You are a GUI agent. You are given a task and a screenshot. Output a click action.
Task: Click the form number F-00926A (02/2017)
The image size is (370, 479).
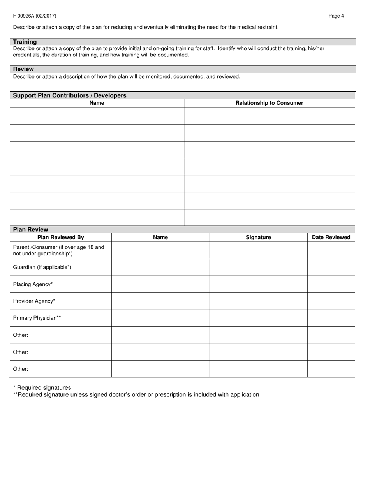point(35,16)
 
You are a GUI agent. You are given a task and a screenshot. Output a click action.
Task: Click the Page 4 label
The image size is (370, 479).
point(336,16)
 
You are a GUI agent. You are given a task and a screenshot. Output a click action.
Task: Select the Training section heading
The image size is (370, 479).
point(25,42)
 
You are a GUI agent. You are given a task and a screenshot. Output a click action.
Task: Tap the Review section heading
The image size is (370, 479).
point(23,69)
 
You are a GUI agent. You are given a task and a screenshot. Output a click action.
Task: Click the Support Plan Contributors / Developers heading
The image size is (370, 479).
point(70,95)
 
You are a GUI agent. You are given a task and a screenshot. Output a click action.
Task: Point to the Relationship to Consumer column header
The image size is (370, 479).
point(269,103)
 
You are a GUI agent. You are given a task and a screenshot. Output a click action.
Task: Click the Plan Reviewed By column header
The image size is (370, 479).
point(61,237)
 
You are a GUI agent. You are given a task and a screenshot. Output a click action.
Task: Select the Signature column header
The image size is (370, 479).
point(258,237)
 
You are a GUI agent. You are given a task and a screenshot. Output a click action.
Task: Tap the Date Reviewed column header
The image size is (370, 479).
point(331,237)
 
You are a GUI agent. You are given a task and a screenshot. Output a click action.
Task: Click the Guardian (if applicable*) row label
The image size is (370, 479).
point(42,267)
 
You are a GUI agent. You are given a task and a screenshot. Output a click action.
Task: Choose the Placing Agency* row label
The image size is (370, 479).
point(33,284)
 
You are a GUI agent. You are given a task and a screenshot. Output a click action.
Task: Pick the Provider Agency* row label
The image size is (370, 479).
point(34,301)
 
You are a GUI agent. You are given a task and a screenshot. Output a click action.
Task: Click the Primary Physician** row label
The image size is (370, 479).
point(37,318)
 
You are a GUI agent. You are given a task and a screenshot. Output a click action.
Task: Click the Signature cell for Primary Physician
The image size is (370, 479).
point(258,318)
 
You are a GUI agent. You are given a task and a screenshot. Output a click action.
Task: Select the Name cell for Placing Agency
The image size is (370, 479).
point(160,284)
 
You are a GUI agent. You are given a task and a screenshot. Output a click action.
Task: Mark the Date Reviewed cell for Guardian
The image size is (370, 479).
point(331,267)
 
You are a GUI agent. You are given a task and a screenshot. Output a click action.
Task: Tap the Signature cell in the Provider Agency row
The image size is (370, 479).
point(258,301)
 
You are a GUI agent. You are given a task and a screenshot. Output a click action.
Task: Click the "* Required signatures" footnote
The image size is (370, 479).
point(42,387)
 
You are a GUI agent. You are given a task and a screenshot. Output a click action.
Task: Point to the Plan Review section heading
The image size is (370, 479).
point(31,229)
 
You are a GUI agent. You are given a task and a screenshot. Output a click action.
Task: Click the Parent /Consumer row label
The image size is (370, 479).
point(58,250)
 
